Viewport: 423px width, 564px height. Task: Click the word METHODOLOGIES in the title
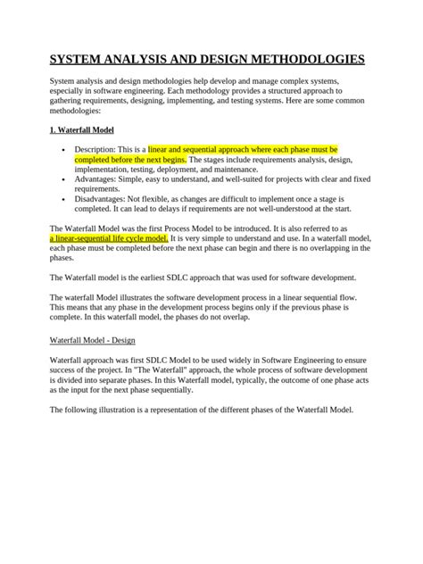click(x=303, y=60)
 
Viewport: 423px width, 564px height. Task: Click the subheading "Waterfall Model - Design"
click(x=92, y=340)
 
